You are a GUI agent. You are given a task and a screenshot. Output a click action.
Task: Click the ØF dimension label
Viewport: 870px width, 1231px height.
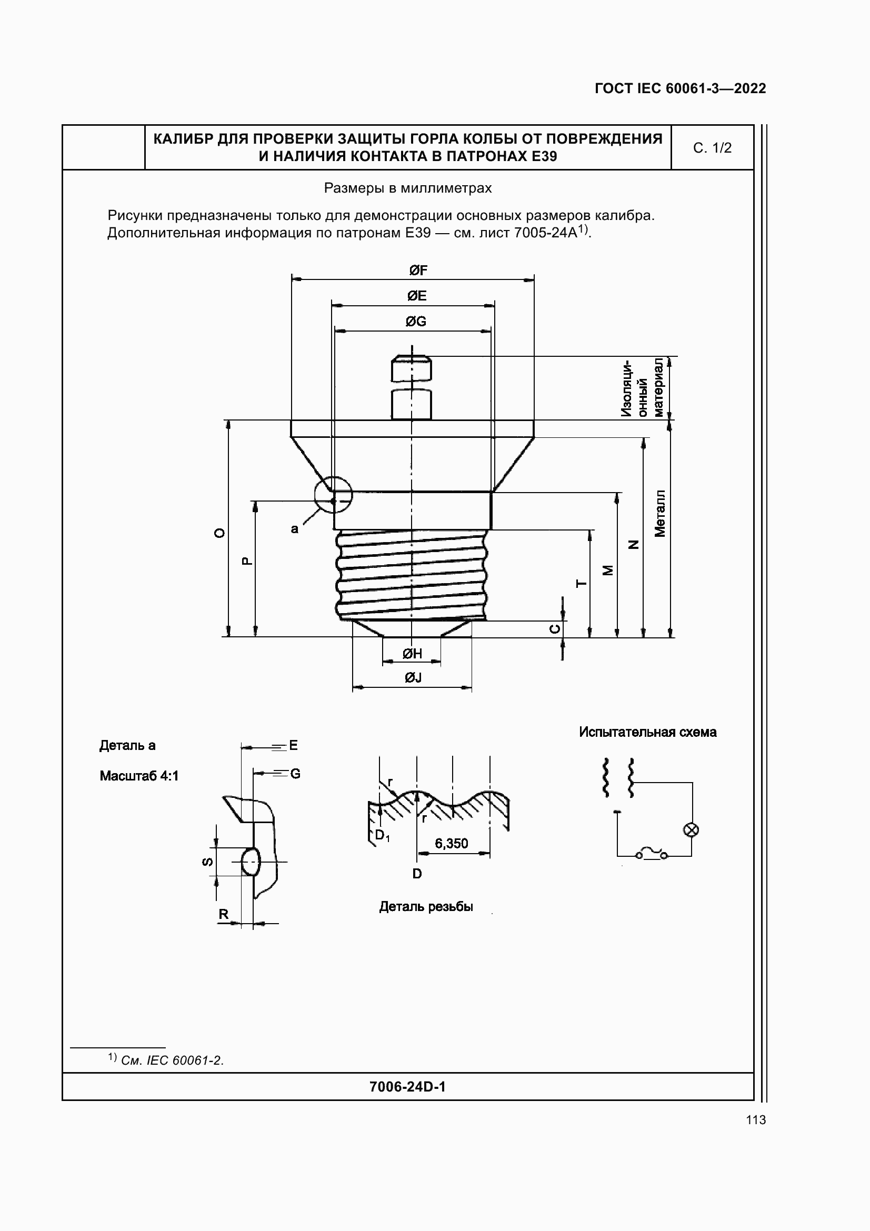(417, 271)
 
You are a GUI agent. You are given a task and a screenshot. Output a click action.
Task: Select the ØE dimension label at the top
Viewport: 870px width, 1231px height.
(416, 296)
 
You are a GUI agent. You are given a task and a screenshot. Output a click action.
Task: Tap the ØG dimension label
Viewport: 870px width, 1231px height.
(415, 322)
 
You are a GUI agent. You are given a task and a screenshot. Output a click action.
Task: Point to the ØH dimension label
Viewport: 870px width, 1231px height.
(412, 654)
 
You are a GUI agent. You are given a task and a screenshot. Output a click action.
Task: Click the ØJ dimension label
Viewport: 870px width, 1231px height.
(413, 678)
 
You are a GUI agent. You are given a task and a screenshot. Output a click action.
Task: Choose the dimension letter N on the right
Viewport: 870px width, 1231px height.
(634, 545)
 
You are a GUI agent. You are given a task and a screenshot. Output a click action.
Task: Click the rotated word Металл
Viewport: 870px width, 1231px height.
(660, 513)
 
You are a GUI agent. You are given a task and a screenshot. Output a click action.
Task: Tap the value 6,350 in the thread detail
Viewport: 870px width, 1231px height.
(452, 844)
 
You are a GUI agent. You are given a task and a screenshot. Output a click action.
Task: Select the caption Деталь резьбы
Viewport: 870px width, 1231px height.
(426, 907)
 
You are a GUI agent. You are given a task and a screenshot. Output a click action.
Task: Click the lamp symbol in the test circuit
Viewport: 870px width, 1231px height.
(691, 830)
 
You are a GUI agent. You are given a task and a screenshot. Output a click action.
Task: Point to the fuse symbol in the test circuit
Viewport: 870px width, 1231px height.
(651, 854)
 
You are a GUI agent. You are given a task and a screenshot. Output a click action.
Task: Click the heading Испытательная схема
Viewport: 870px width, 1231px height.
(647, 733)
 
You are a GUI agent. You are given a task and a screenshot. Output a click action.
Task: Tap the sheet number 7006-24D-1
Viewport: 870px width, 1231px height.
(407, 1087)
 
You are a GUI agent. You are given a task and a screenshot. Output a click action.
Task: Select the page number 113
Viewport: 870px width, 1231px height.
(755, 1120)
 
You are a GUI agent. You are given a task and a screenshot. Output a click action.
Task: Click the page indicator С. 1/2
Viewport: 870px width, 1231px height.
(712, 148)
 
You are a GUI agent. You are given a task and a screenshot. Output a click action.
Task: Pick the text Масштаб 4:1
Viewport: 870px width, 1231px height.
(139, 776)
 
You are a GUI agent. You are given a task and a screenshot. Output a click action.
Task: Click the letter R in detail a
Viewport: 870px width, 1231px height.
(224, 914)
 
